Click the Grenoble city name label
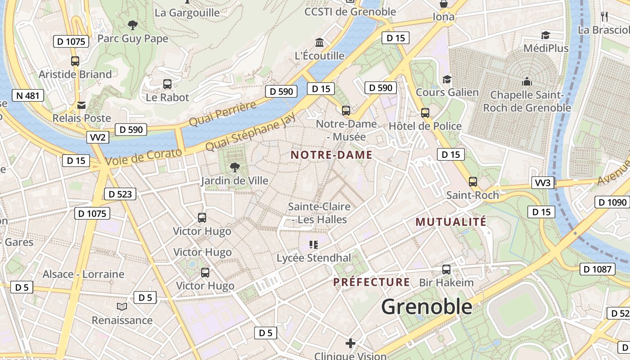click(427, 307)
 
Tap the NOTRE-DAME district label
click(332, 155)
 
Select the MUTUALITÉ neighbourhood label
click(451, 222)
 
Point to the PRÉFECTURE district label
click(372, 283)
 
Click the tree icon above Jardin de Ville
click(234, 168)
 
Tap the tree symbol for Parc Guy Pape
click(132, 25)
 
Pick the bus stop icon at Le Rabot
click(167, 84)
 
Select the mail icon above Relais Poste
click(81, 105)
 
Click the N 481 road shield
click(28, 95)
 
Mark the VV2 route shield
click(98, 137)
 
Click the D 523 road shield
click(120, 194)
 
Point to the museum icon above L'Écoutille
click(319, 43)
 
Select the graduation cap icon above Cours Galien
click(447, 80)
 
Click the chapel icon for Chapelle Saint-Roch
click(526, 82)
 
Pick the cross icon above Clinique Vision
click(351, 344)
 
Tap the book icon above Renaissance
click(122, 307)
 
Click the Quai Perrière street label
click(222, 114)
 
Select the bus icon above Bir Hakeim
click(446, 270)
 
